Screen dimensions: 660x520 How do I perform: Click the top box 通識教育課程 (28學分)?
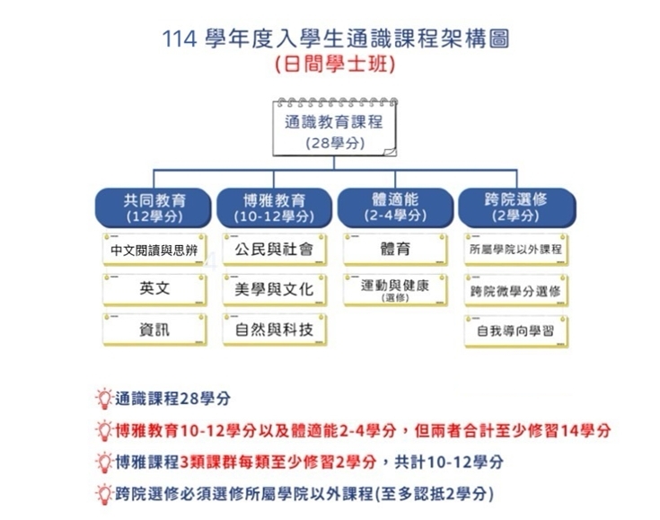click(334, 128)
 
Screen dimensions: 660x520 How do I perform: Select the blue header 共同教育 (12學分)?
click(154, 208)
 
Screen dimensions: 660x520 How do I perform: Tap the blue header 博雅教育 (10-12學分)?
click(274, 208)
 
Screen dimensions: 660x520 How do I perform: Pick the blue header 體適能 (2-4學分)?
click(395, 207)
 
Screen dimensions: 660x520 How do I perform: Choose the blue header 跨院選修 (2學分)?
click(516, 207)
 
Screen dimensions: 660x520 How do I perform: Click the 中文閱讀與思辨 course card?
click(154, 250)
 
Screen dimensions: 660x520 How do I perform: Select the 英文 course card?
click(154, 289)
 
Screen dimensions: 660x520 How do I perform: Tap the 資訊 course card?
click(154, 330)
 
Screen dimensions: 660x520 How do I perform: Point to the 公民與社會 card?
click(275, 250)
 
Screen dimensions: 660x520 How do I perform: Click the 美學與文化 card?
click(275, 289)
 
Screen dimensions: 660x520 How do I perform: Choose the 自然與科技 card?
click(275, 330)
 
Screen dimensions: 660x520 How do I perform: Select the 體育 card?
click(395, 250)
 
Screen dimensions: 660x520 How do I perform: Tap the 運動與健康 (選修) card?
click(395, 290)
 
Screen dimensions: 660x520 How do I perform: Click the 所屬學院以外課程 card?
click(516, 250)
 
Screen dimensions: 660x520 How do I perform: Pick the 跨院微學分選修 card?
click(516, 290)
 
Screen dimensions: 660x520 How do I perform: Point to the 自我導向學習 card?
click(516, 331)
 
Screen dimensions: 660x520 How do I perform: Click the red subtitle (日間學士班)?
click(335, 65)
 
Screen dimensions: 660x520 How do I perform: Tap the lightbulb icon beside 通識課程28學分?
click(104, 399)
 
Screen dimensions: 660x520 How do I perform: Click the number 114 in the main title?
click(180, 40)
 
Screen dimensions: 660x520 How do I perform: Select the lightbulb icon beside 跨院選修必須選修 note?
click(104, 494)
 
